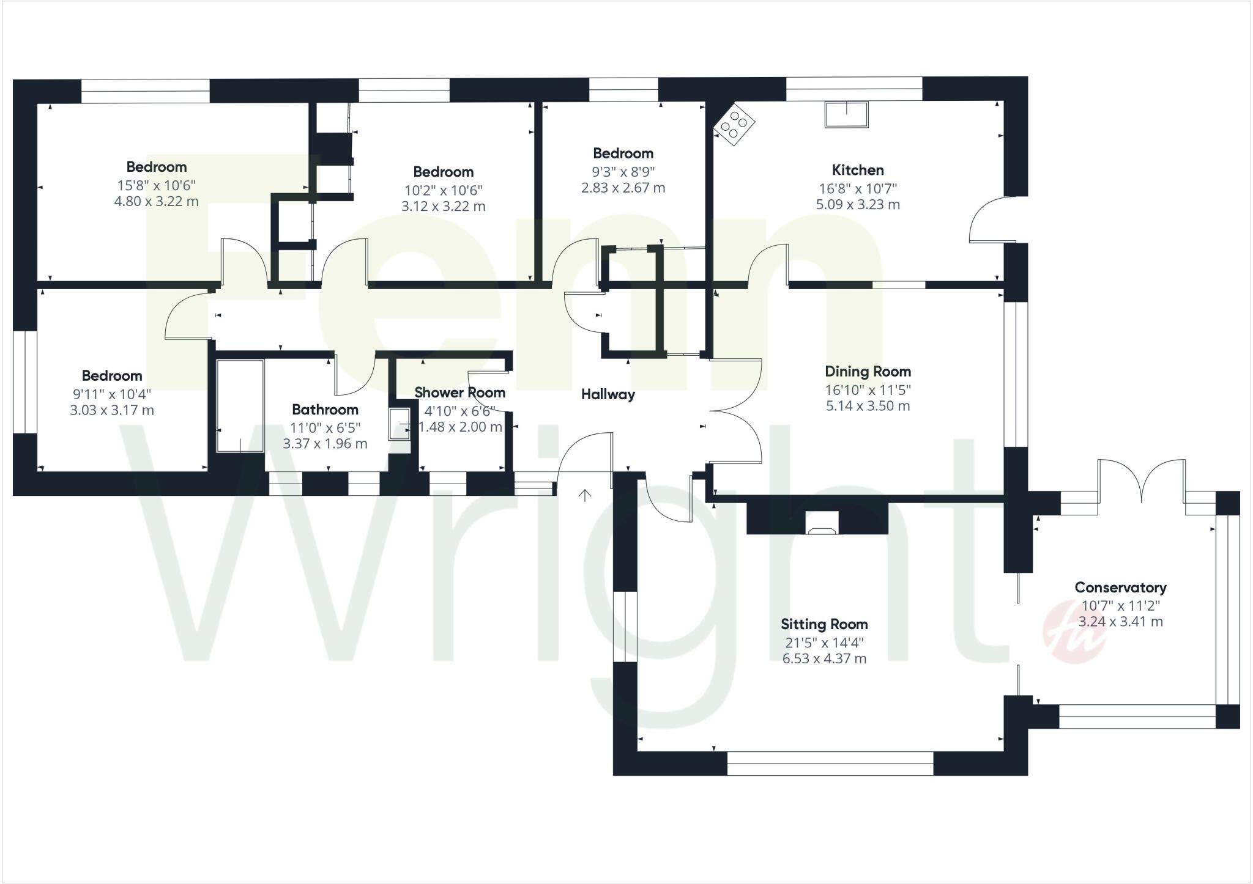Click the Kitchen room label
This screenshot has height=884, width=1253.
point(857,171)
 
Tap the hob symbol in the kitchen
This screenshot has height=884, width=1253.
point(734,125)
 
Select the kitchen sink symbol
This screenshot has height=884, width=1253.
point(847,114)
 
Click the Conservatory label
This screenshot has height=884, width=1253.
point(1120,587)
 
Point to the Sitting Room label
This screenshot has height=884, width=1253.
point(824,624)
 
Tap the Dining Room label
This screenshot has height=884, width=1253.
point(868,372)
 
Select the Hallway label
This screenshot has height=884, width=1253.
point(608,395)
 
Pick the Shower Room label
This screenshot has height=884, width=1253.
point(459,392)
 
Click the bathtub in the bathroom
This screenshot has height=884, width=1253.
point(240,406)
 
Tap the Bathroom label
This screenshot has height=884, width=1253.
point(325,410)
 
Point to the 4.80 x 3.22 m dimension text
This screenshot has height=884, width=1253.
point(156,202)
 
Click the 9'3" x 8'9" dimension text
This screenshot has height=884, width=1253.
point(623,171)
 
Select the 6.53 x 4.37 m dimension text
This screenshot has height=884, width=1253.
point(824,659)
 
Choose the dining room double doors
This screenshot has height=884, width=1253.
point(737,410)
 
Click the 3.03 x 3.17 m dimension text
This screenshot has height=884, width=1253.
point(112,410)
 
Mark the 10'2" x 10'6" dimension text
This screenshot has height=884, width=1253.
point(443,190)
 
